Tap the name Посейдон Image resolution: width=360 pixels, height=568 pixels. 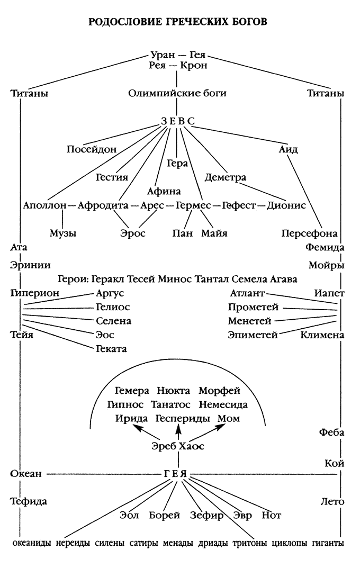click(92, 149)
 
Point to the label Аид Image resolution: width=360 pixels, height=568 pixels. click(288, 149)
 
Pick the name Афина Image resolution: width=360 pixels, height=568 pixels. click(164, 191)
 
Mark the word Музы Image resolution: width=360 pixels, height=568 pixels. click(62, 233)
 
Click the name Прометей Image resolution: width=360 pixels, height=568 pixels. click(253, 307)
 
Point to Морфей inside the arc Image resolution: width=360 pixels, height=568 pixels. click(220, 391)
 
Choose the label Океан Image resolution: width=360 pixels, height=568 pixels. click(25, 474)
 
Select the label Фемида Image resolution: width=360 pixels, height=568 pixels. click(325, 247)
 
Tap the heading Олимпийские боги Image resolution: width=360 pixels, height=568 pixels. click(177, 94)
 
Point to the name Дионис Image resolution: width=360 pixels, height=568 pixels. click(286, 205)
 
